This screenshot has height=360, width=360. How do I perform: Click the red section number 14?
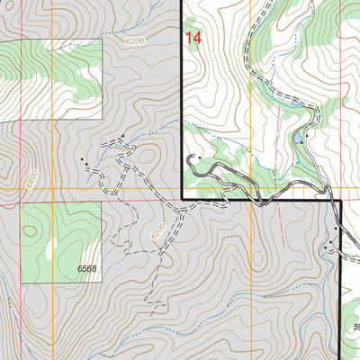coord(193,38)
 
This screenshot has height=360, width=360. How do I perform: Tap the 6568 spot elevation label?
coord(86,268)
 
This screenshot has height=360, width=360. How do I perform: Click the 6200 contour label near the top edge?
coord(134,41)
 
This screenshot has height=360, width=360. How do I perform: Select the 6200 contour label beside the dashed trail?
coord(158,232)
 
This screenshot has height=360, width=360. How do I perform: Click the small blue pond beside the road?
coord(298,139)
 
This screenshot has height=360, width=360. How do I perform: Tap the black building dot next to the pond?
coord(307,136)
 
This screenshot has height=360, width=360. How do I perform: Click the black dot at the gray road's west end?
coord(190,158)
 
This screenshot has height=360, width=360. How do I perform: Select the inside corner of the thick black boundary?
coord(183,198)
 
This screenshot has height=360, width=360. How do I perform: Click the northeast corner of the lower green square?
coord(100,202)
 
